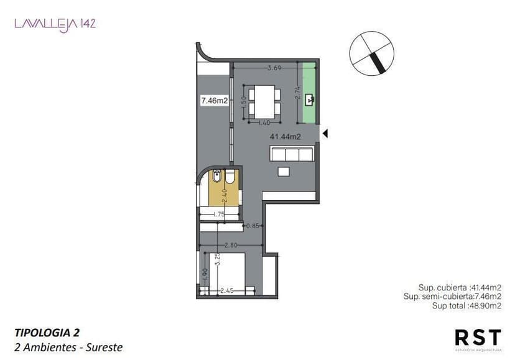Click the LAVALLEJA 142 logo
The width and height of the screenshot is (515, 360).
55,24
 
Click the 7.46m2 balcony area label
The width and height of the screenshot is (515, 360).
213,99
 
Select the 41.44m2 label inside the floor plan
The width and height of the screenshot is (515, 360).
285,137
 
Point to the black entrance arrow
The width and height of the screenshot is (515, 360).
324,132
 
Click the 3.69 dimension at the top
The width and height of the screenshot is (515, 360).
274,68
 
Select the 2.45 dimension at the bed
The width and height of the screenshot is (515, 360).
227,290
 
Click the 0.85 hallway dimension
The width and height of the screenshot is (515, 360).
252,226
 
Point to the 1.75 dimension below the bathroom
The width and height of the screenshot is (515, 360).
218,215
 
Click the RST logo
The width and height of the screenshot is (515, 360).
477,338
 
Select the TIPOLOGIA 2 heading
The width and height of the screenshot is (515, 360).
47,333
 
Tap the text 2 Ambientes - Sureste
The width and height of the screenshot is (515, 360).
68,347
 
